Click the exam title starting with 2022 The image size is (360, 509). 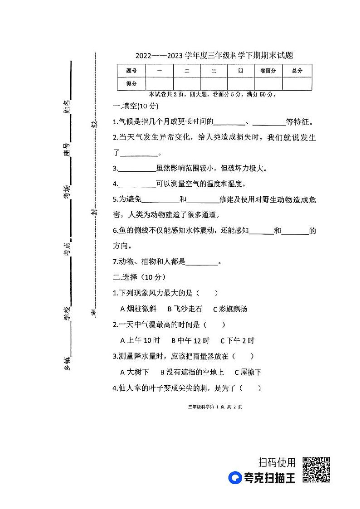214,56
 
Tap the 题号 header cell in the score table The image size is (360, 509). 131,71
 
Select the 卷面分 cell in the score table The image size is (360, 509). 268,71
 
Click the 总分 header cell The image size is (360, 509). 297,71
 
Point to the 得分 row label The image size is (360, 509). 131,83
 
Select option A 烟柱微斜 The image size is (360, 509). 138,309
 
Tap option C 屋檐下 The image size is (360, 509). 248,373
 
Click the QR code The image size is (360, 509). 316,470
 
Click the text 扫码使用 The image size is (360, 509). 277,462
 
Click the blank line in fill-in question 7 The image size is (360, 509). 202,262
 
